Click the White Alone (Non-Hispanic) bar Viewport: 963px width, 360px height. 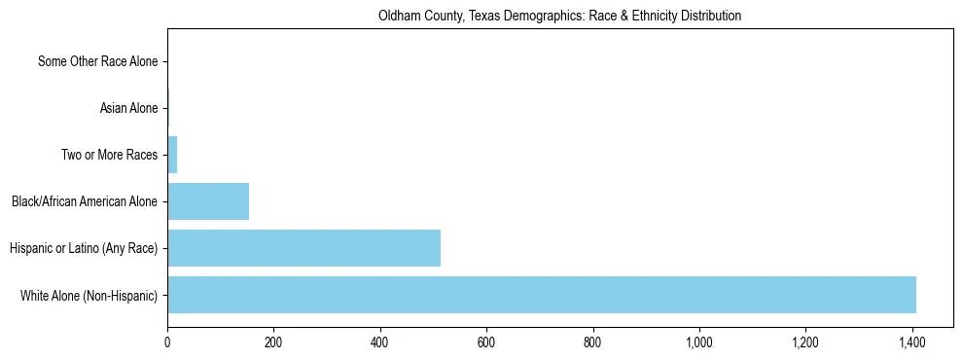(x=541, y=295)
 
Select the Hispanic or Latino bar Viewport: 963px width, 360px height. (x=303, y=248)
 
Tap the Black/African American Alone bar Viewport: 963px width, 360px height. (x=208, y=201)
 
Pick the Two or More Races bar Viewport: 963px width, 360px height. (x=172, y=155)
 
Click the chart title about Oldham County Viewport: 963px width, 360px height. (x=559, y=16)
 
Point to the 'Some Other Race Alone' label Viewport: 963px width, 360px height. (x=97, y=61)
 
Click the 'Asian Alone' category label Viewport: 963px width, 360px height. (x=128, y=108)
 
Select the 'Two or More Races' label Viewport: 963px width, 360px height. (x=109, y=155)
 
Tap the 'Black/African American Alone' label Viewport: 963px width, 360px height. (x=85, y=201)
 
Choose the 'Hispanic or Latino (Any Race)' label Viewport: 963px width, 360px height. (x=84, y=248)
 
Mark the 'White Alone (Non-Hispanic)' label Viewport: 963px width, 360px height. (x=89, y=295)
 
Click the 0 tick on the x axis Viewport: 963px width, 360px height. (x=167, y=342)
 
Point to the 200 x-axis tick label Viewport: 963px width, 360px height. (x=273, y=342)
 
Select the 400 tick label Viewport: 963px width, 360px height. (x=379, y=342)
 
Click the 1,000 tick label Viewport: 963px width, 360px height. (x=699, y=342)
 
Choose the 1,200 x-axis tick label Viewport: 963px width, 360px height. (x=805, y=342)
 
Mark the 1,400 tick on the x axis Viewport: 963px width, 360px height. (x=911, y=342)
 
